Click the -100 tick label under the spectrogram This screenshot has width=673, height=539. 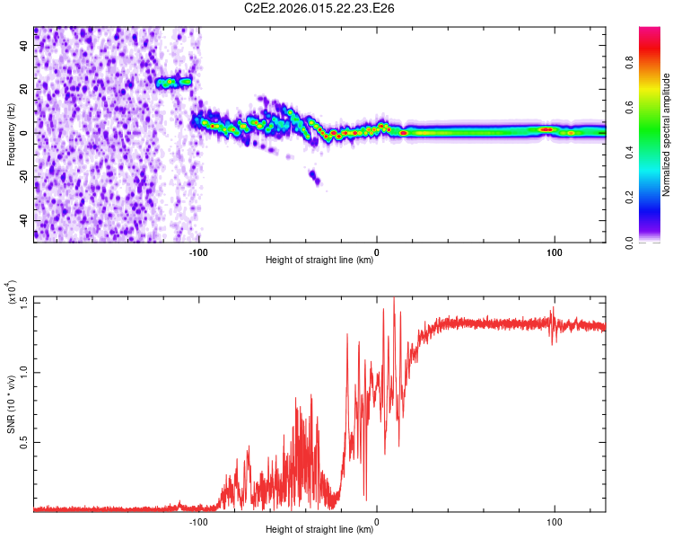coord(198,252)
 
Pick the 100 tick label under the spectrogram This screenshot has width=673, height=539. coord(555,252)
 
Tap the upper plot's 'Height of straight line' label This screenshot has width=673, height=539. coord(319,261)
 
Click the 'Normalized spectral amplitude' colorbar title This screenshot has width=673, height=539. coord(667,135)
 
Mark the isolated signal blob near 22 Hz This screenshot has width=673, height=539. coord(174,82)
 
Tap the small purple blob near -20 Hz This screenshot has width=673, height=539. coord(314,177)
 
